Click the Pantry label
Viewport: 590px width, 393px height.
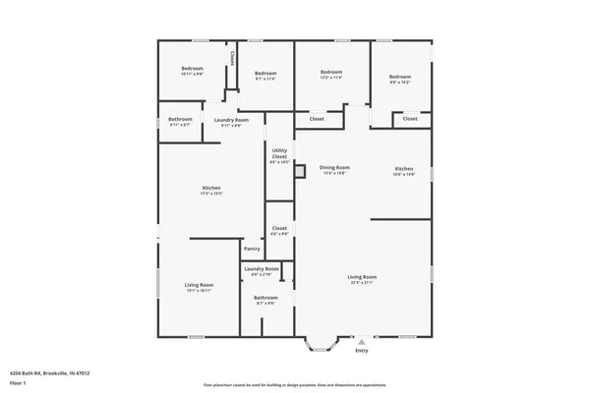click(253, 250)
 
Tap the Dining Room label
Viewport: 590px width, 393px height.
click(335, 168)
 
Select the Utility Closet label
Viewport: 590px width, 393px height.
click(280, 153)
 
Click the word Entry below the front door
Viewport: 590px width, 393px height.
click(362, 351)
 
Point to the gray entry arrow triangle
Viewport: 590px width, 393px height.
click(361, 341)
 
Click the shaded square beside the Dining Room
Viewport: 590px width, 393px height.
click(302, 170)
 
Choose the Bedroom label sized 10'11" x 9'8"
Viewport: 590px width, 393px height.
click(192, 69)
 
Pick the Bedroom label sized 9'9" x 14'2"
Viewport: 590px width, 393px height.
click(399, 78)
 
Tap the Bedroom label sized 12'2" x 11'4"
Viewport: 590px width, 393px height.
click(330, 72)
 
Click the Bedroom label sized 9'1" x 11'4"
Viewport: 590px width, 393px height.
click(265, 74)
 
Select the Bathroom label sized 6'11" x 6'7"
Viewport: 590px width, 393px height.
click(180, 120)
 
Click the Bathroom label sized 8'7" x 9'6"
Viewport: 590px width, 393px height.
click(265, 298)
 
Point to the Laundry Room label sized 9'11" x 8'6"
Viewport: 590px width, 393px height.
click(231, 120)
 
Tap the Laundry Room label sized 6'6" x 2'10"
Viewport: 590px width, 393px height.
click(262, 268)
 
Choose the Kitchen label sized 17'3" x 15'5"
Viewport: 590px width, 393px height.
click(211, 189)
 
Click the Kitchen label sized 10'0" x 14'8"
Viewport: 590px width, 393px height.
click(405, 168)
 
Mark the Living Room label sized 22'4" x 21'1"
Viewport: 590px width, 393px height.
click(362, 277)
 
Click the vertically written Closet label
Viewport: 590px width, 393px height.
click(232, 58)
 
